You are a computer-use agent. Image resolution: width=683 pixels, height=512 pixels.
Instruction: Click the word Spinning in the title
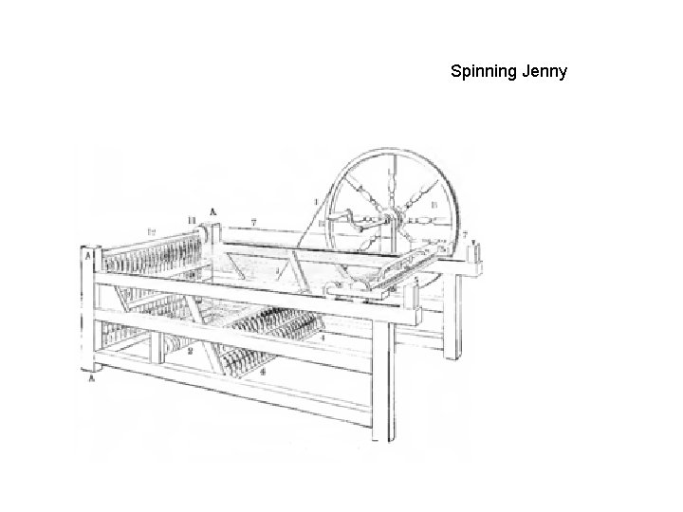(483, 71)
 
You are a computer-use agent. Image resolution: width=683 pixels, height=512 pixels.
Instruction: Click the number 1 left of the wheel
(316, 201)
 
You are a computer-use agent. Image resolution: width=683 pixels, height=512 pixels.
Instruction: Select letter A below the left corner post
(91, 377)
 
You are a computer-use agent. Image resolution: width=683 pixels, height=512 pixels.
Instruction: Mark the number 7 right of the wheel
(464, 233)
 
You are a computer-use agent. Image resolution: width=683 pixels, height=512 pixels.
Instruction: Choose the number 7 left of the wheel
(254, 222)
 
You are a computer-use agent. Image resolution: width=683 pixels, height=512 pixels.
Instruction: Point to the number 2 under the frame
(191, 351)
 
